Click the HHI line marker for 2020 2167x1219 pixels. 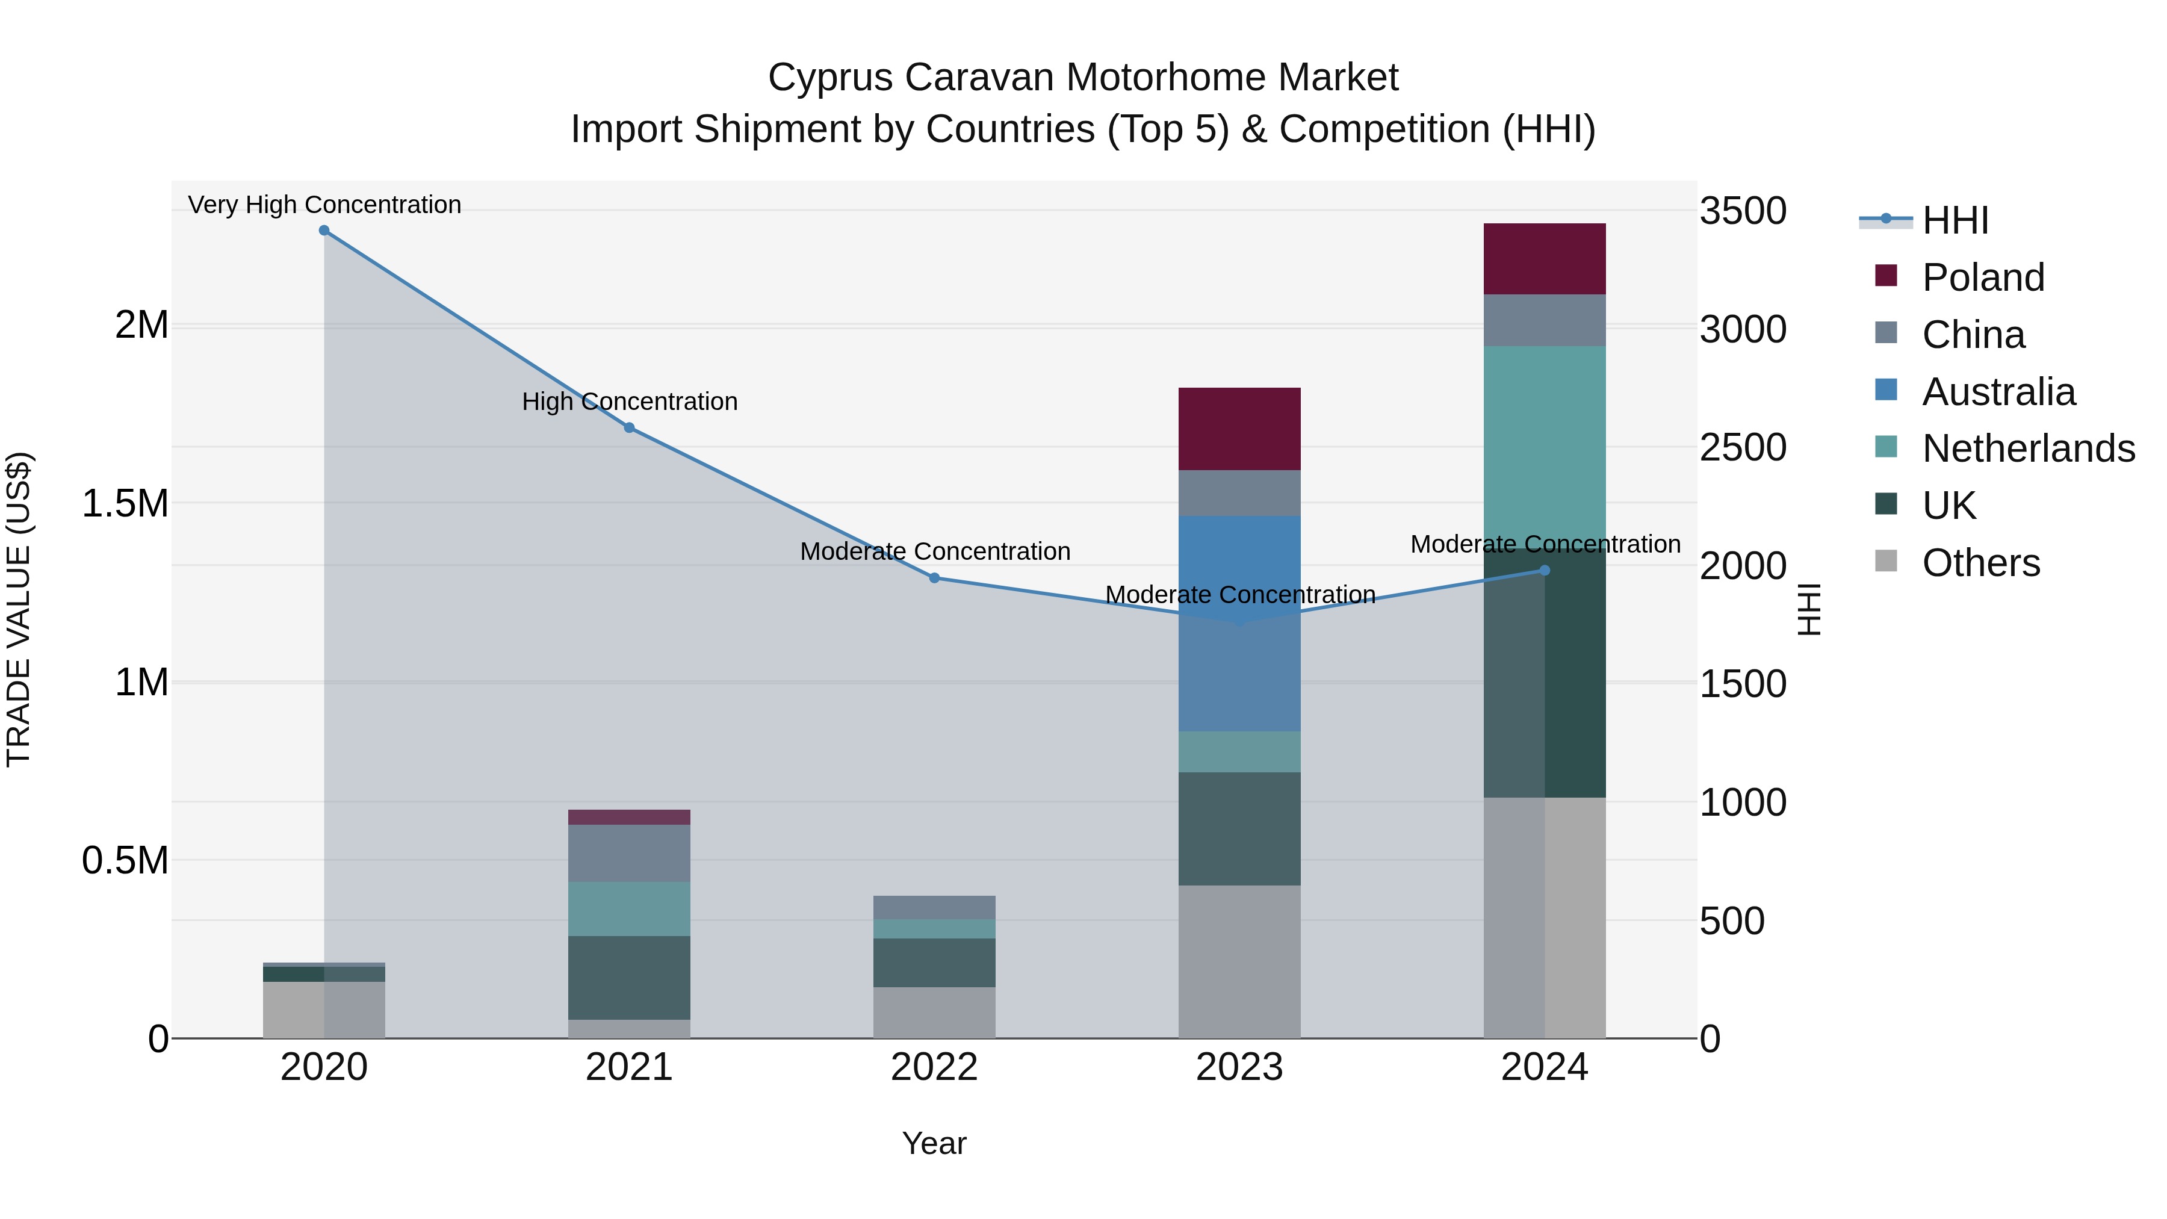coord(324,231)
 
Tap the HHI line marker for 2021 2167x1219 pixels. coord(629,428)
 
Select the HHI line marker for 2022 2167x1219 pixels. coord(934,578)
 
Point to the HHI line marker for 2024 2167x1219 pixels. coord(1545,571)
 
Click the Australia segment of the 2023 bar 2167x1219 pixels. coord(1239,622)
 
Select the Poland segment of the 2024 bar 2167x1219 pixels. coord(1545,259)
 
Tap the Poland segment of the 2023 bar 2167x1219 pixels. coord(1239,429)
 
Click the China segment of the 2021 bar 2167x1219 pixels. coord(629,853)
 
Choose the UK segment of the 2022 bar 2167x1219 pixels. coord(934,963)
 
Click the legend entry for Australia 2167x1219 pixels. coord(1998,392)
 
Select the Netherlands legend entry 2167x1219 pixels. coord(2028,448)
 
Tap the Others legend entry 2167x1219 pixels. coord(1981,563)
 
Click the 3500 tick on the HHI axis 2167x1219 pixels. coord(1743,211)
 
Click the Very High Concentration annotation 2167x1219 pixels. coord(324,205)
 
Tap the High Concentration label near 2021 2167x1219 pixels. coord(629,402)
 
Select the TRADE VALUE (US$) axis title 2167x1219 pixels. coord(19,609)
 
